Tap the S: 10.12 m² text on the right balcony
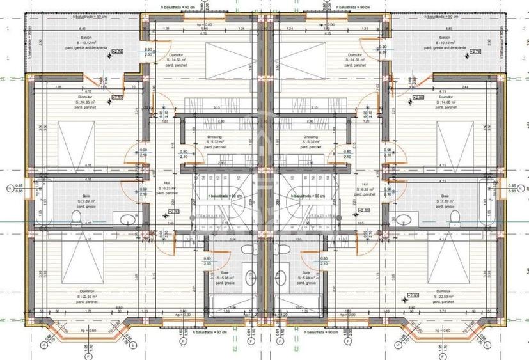point(446,43)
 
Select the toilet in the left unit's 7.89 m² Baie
point(77,219)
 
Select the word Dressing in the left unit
point(214,136)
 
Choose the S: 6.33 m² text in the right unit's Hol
point(367,188)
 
